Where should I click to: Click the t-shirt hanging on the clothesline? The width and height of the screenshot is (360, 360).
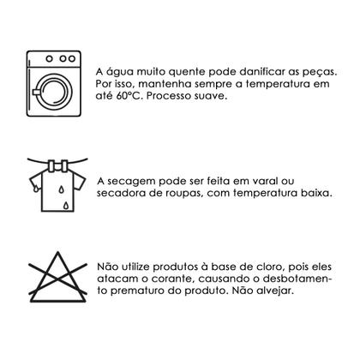(51, 188)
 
